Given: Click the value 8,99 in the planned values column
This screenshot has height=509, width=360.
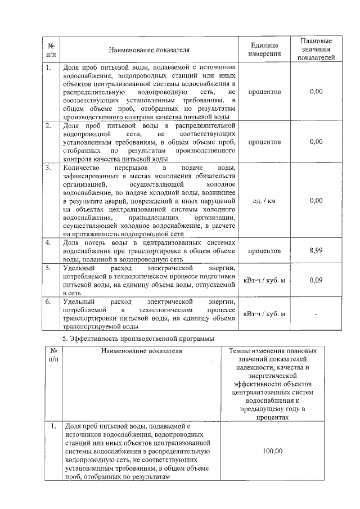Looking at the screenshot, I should click(x=316, y=250).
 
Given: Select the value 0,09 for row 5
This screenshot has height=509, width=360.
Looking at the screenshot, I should click(x=316, y=280).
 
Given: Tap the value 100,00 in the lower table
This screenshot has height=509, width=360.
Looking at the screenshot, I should click(x=272, y=451).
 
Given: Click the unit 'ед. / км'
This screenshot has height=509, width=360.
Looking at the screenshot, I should click(x=264, y=200).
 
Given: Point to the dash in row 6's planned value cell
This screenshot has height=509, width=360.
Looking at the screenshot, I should click(x=316, y=314).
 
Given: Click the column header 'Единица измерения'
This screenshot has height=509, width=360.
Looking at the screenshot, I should click(x=264, y=49).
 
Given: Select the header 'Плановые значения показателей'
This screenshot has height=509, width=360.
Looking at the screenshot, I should click(x=316, y=49).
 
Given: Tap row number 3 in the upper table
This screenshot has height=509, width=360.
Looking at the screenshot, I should click(x=49, y=168).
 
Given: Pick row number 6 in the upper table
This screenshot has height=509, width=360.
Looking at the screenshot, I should click(x=49, y=301).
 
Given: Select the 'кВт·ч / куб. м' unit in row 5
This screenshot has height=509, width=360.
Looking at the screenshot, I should click(x=264, y=280).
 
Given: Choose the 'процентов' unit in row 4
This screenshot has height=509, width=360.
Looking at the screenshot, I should click(x=264, y=250).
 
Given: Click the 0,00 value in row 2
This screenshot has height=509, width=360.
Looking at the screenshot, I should click(x=316, y=142).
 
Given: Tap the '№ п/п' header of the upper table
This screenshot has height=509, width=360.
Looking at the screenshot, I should click(x=51, y=49).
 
